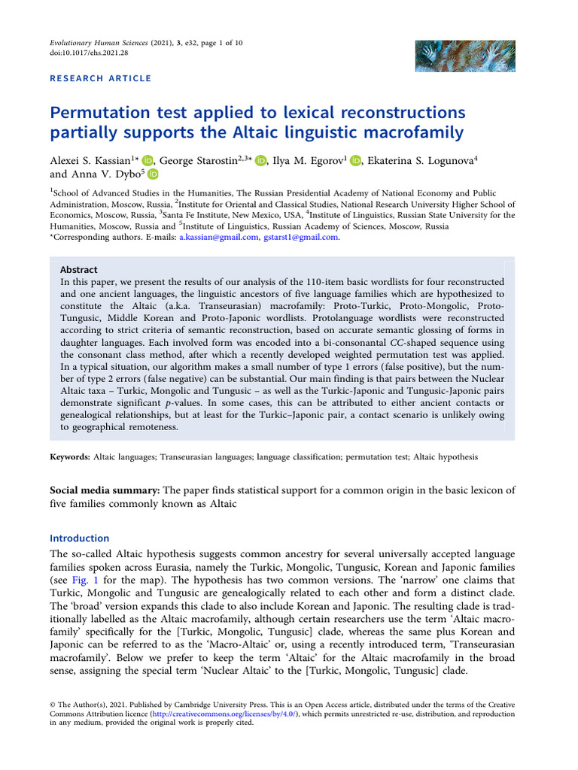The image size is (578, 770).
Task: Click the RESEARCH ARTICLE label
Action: point(101,78)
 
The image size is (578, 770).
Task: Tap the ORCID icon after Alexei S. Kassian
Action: point(148,159)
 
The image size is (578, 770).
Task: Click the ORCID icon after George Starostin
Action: point(261,159)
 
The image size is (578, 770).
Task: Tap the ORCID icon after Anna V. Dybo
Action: point(153,174)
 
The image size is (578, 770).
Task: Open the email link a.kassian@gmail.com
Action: point(218,238)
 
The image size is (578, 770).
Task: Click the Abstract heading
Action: point(78,269)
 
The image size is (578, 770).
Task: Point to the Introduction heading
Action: point(79,538)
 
